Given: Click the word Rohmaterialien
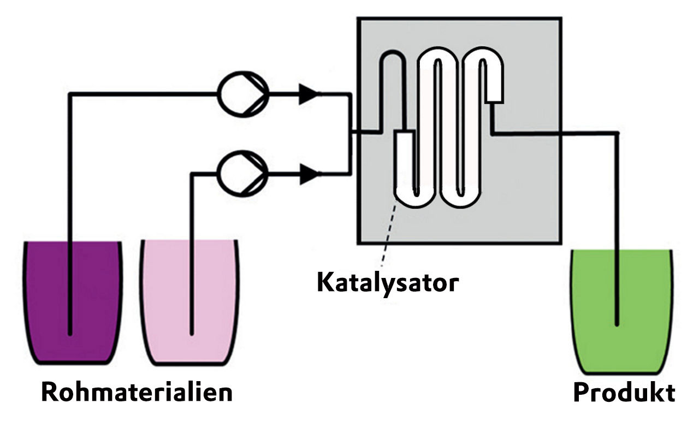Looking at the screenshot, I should point(137,392).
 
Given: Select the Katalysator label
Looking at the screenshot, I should point(387,282).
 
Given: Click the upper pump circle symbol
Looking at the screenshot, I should point(243,93).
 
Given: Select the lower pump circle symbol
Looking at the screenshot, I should point(242,174).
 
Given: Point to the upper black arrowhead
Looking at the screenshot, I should point(309,94).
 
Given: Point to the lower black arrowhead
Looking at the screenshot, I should point(309,175).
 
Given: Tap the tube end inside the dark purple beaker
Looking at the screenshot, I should point(70,331).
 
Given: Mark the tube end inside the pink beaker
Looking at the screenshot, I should point(192,331).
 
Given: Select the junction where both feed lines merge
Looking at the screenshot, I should point(349,133).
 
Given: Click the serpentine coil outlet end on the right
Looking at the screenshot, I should point(494,95).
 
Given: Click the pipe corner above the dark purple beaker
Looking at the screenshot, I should point(70,94).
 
